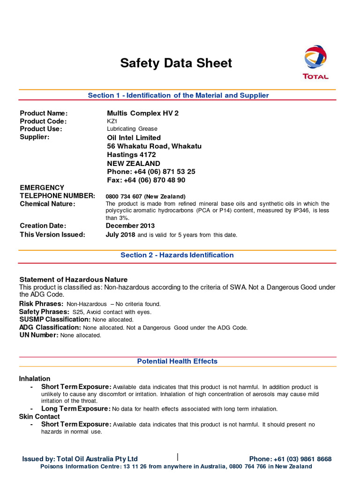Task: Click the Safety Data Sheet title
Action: (x=176, y=63)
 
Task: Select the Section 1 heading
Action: (x=178, y=95)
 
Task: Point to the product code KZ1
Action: (x=112, y=121)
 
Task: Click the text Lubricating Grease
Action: (x=132, y=128)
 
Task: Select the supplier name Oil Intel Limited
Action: (x=134, y=137)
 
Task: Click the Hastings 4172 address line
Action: (x=132, y=155)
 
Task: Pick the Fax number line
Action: (x=146, y=180)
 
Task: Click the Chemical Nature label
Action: (x=47, y=204)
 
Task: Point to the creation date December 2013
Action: (x=130, y=225)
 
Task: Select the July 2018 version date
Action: (x=120, y=234)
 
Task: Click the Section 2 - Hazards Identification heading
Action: (x=177, y=255)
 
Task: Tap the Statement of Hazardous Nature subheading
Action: (x=73, y=279)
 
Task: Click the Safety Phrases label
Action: (x=44, y=312)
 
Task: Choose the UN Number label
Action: (x=38, y=335)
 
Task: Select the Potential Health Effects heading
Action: (x=177, y=361)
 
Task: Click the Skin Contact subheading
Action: (x=39, y=416)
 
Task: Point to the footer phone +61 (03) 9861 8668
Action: (x=291, y=459)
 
